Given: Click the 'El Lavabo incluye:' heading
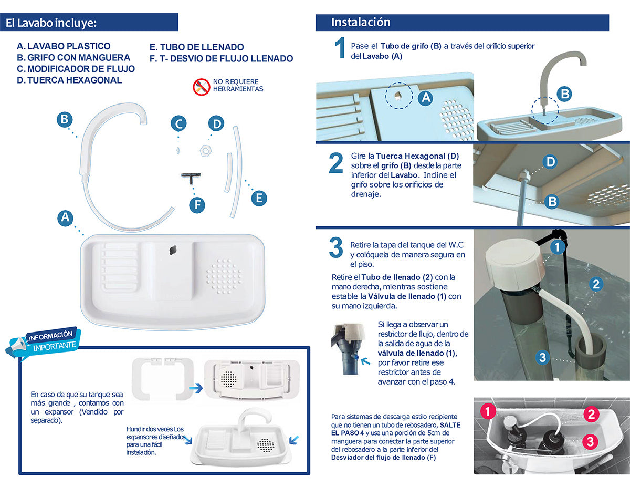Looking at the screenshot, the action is (51, 23).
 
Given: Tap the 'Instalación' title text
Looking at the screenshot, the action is (361, 22).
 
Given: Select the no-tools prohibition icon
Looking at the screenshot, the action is (202, 87).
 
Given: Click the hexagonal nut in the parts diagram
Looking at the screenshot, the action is (206, 151).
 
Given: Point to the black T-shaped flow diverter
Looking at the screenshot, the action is (191, 178).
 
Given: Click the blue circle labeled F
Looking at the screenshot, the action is (197, 205).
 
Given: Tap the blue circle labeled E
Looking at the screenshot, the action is (259, 199).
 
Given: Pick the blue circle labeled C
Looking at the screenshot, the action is (178, 123).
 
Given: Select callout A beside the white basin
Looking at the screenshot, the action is (65, 218).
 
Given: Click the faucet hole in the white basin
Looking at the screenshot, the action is (173, 250).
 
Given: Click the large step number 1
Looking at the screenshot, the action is (340, 48).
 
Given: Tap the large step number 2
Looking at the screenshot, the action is (336, 163).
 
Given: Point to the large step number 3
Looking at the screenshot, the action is (336, 247).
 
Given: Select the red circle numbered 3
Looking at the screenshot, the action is (590, 442).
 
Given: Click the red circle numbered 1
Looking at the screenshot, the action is (488, 411).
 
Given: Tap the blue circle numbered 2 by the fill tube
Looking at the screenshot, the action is (596, 284).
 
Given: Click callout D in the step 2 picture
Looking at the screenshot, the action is (551, 162).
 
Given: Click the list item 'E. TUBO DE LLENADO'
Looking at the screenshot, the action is (196, 47).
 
